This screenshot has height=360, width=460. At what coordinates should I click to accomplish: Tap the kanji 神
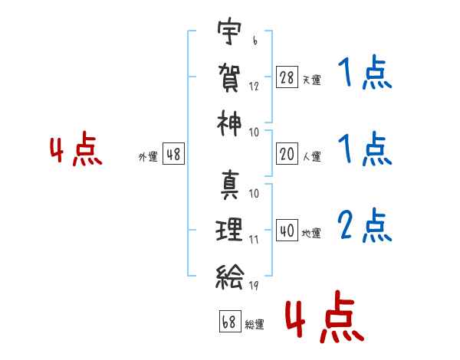229,123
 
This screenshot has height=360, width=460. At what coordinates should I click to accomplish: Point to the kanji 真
230,185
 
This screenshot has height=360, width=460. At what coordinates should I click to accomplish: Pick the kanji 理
228,230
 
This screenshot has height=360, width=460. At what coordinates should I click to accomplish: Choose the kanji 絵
230,277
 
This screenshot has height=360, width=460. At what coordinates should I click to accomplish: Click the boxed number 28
287,77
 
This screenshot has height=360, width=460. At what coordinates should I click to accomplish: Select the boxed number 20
287,154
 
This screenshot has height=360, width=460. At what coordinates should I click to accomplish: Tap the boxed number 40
287,230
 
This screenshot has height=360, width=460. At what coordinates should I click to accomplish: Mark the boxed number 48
173,154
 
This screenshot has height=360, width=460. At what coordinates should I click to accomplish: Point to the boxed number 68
230,321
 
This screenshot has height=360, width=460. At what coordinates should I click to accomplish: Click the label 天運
311,80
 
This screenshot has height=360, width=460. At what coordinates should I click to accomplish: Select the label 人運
311,156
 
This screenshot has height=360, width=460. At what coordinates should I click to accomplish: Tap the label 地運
311,233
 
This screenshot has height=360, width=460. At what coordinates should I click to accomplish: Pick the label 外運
148,156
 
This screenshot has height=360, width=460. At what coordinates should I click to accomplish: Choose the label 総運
255,324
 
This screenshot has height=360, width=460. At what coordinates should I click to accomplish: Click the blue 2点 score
365,225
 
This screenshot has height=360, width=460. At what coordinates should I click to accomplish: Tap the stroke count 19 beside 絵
254,285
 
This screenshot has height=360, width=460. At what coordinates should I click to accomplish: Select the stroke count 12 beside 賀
254,87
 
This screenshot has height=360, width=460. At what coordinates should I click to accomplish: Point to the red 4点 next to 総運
325,316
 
